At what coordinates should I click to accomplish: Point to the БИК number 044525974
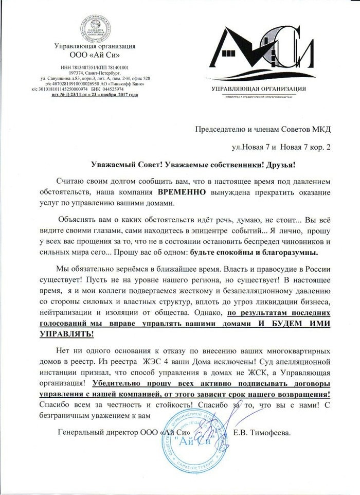pyautogui.click(x=123, y=90)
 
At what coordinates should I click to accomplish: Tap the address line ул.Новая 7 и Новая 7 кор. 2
pyautogui.click(x=281, y=148)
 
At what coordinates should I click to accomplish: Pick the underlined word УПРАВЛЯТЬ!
pyautogui.click(x=66, y=333)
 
